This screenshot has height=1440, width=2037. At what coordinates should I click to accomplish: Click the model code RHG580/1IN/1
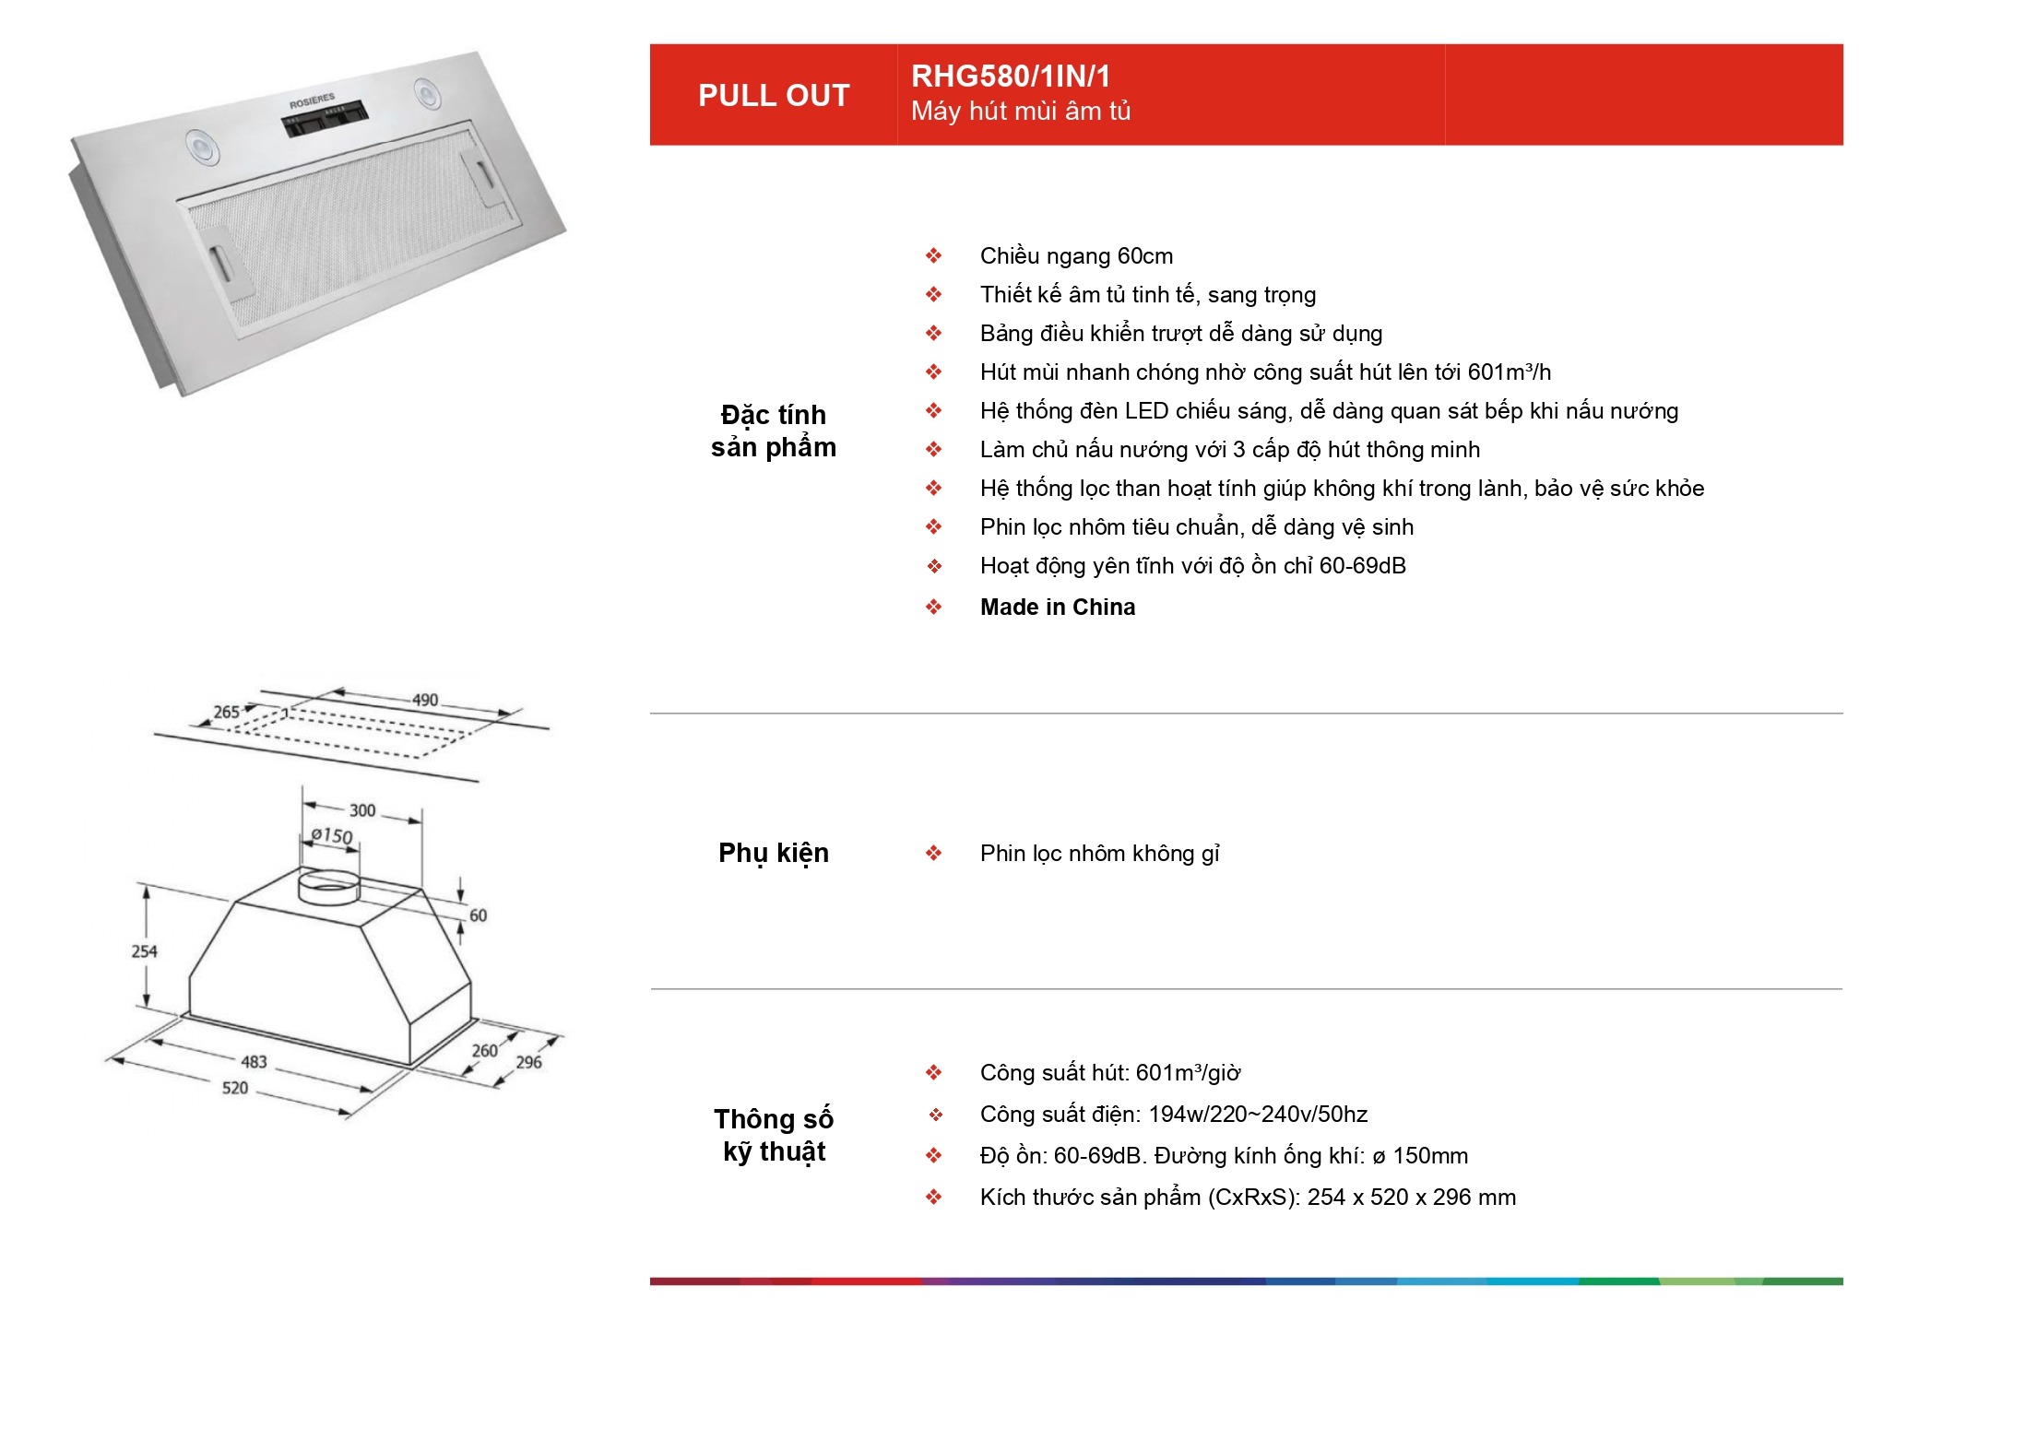click(1011, 76)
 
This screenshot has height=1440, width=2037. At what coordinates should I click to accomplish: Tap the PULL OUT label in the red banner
click(774, 95)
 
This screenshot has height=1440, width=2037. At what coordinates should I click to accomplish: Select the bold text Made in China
click(1058, 607)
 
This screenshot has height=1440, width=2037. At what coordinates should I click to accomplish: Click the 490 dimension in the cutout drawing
click(425, 700)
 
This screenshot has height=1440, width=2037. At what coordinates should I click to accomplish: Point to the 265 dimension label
click(227, 712)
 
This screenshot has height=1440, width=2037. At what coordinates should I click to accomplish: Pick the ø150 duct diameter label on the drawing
click(332, 835)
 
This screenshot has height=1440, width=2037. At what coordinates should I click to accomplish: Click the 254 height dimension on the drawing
click(144, 950)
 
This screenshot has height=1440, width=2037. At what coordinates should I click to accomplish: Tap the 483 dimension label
click(254, 1061)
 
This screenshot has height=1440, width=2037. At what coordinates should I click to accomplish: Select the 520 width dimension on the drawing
click(234, 1088)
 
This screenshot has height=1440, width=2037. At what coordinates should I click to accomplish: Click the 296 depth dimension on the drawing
click(528, 1062)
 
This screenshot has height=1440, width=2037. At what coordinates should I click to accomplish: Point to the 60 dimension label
click(478, 915)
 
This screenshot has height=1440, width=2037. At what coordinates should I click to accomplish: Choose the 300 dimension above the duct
click(362, 810)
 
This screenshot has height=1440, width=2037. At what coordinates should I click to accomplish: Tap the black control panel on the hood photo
click(325, 119)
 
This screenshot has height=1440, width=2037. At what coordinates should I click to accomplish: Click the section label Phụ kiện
click(774, 854)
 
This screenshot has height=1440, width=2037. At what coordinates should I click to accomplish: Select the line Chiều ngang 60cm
click(1076, 255)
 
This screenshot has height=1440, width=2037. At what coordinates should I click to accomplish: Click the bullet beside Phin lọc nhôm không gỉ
click(934, 853)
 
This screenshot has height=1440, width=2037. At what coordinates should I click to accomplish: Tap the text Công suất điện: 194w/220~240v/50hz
click(1174, 1115)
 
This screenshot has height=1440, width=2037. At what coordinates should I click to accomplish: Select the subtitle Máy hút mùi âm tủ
click(1021, 112)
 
